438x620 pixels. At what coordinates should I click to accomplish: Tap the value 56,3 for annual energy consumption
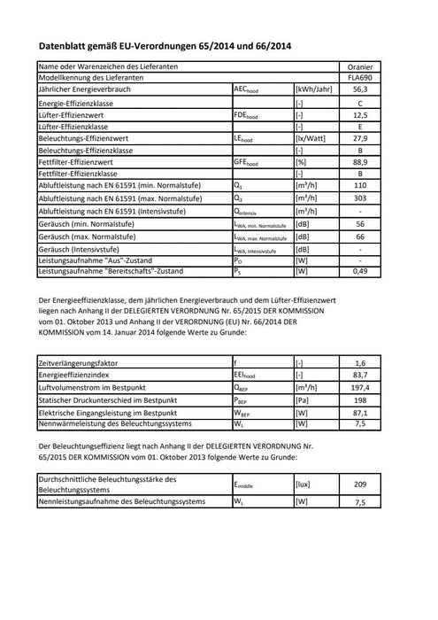(x=360, y=90)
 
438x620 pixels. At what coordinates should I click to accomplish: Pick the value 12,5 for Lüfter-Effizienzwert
(x=360, y=115)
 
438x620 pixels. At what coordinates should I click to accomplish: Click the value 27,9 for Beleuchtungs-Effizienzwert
(x=360, y=139)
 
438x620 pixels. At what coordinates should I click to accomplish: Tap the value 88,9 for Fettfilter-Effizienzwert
(x=360, y=163)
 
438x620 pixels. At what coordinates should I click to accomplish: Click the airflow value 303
(x=360, y=199)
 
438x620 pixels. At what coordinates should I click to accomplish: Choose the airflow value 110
(x=360, y=186)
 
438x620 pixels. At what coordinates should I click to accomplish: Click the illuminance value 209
(x=360, y=484)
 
